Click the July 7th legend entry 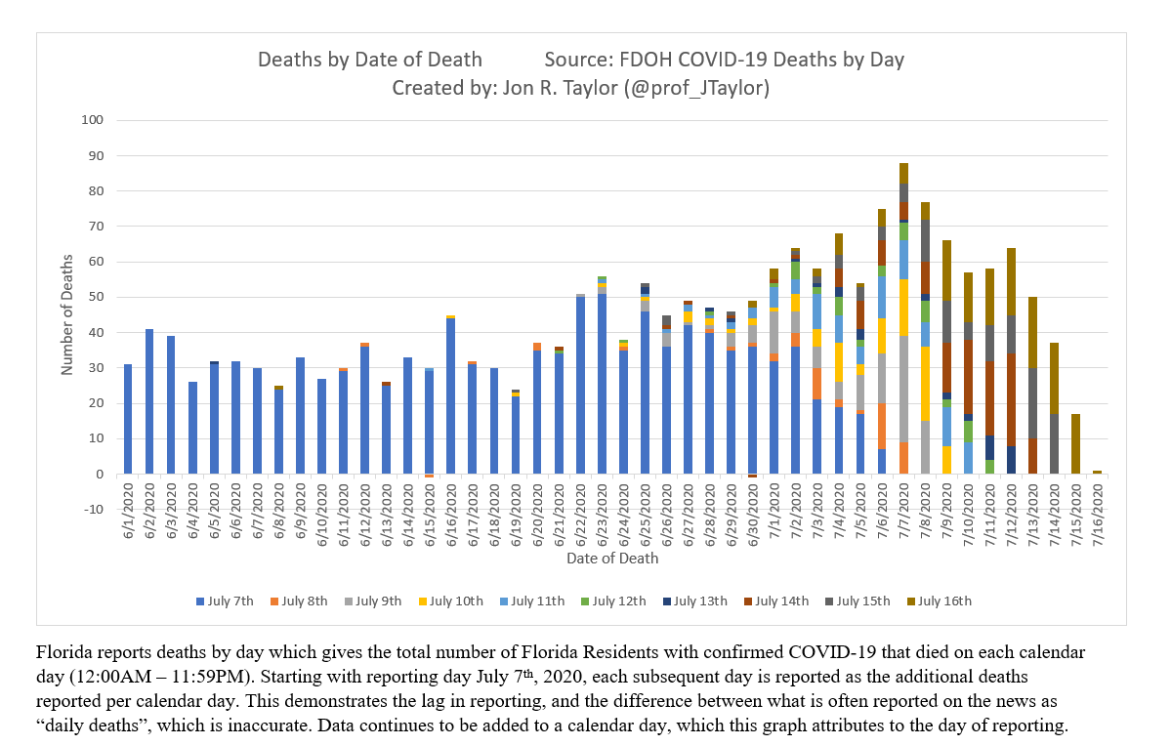[230, 601]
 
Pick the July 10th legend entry [456, 601]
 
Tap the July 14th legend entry [781, 601]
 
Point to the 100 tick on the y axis [94, 120]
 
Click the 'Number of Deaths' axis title [67, 314]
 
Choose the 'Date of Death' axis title [612, 559]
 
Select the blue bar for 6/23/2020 [602, 384]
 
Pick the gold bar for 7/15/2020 [1076, 444]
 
